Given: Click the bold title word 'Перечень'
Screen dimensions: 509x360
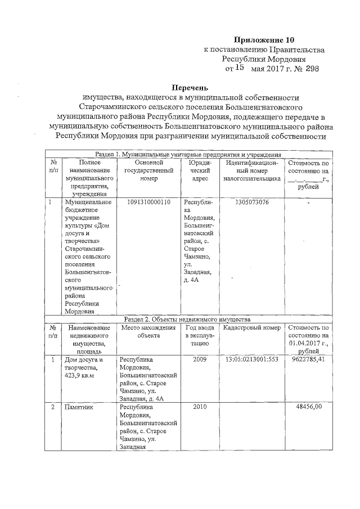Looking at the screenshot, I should click(190, 87).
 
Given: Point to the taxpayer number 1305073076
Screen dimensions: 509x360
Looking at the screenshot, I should click(249, 202).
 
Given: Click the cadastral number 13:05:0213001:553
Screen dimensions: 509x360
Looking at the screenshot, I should click(252, 359).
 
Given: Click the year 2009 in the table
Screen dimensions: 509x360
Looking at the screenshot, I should click(200, 359).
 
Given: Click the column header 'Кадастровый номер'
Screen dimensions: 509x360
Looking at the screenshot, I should click(251, 327).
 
